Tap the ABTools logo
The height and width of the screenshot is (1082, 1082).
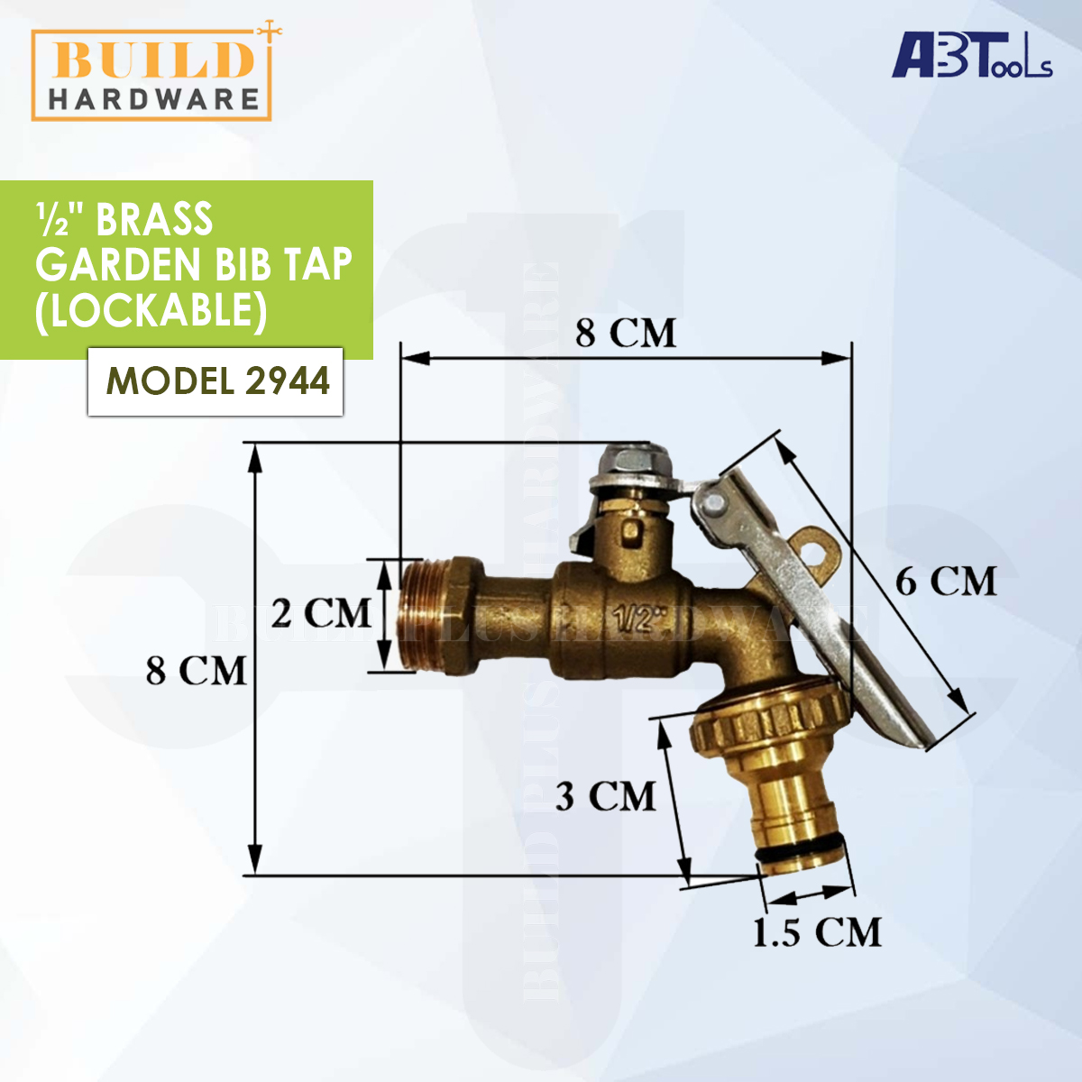click(971, 56)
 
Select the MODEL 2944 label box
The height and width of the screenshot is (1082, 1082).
click(215, 381)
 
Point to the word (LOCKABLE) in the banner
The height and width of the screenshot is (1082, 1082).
click(151, 311)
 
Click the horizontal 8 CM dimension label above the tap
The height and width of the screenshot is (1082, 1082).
click(626, 333)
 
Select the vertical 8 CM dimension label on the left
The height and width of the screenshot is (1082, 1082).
click(196, 671)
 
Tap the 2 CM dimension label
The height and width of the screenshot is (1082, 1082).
click(321, 613)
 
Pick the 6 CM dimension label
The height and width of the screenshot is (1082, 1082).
click(946, 582)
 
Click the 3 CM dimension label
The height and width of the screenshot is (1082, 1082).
click(605, 796)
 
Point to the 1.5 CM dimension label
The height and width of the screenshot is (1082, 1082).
click(817, 932)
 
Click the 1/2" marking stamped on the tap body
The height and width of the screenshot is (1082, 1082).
click(638, 619)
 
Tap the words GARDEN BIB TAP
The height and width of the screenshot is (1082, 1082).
click(194, 265)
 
